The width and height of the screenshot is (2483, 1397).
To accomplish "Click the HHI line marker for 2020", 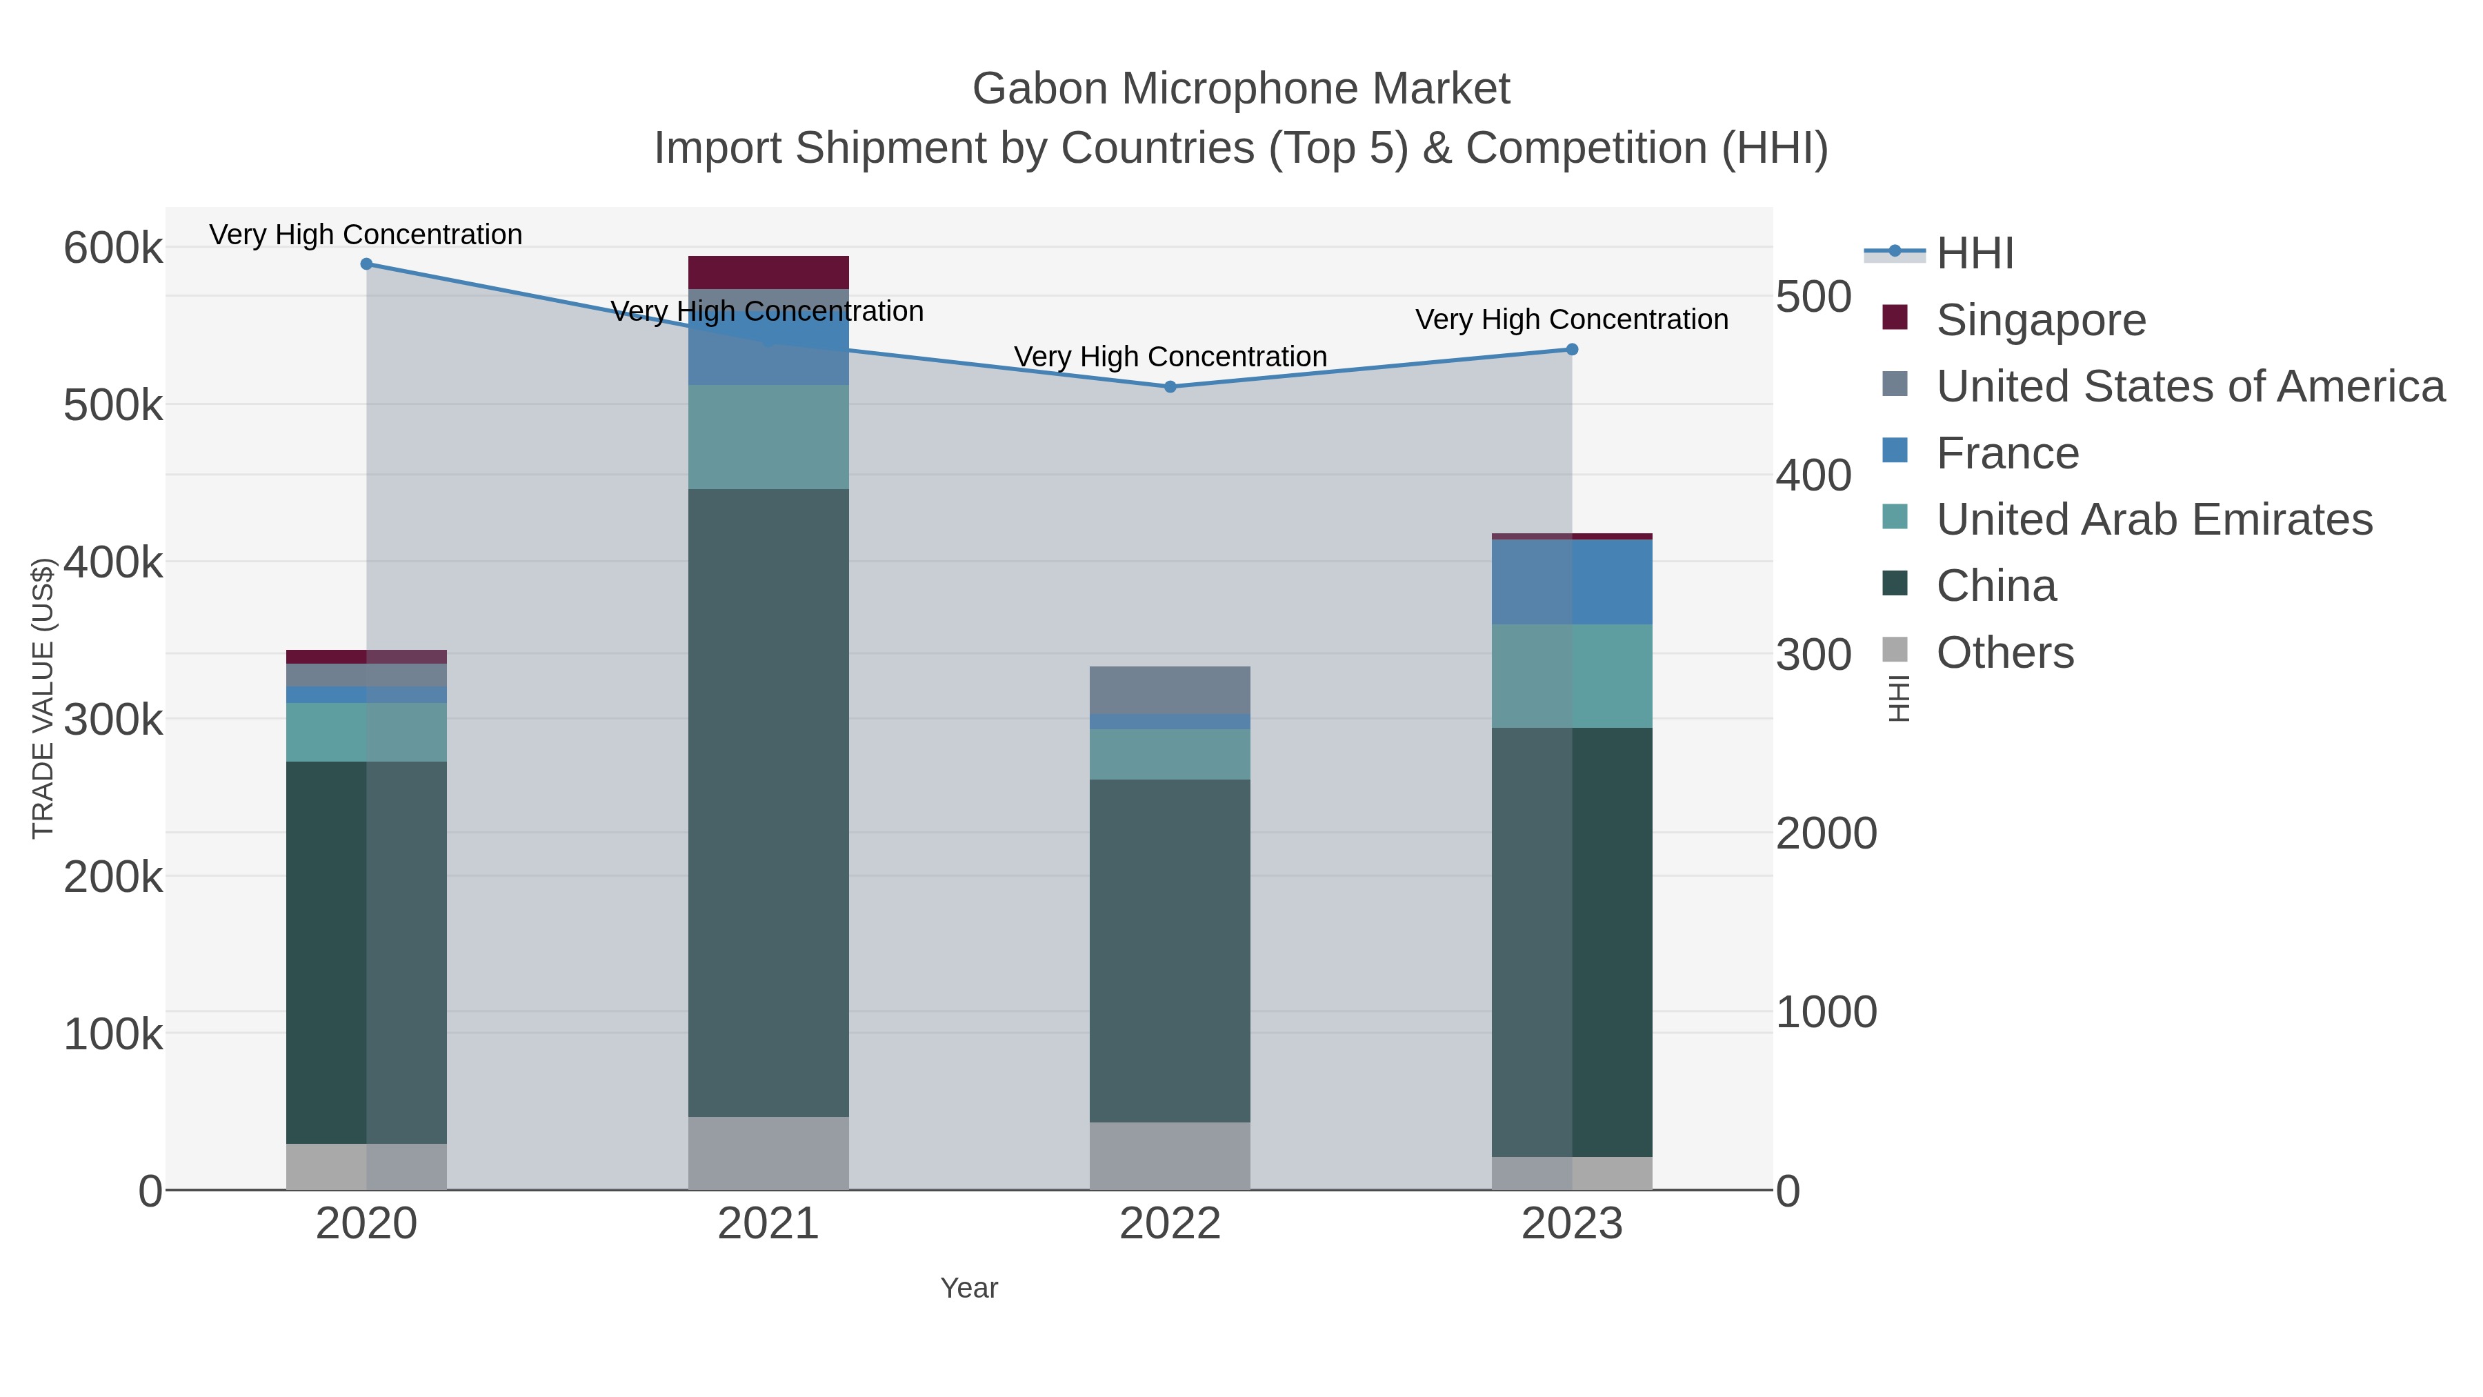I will click(x=366, y=264).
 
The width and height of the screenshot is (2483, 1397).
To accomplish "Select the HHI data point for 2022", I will click(x=1170, y=386).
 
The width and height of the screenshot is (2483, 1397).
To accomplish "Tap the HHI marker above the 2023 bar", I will click(x=1572, y=350).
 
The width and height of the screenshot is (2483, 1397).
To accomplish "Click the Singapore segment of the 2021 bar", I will click(x=768, y=272).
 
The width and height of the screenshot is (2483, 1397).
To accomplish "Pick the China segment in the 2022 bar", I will click(x=1170, y=950).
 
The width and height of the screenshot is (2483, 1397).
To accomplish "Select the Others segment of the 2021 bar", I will click(x=768, y=1152).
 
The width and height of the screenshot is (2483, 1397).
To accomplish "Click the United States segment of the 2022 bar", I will click(x=1170, y=689).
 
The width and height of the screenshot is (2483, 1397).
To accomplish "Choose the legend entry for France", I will click(x=2007, y=453).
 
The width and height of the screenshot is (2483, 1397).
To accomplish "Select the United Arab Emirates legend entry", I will click(x=2153, y=519).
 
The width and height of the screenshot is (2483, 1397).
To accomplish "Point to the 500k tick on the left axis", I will click(x=113, y=406).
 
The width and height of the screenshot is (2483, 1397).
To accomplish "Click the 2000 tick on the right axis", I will click(x=1826, y=834).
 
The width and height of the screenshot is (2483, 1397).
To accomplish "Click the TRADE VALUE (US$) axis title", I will click(x=42, y=698).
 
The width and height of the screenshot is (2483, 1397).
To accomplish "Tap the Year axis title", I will click(x=969, y=1288).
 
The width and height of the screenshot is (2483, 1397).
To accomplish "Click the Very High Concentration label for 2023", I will click(x=1571, y=319).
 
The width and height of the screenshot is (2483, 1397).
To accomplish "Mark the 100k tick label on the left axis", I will click(x=113, y=1036).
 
